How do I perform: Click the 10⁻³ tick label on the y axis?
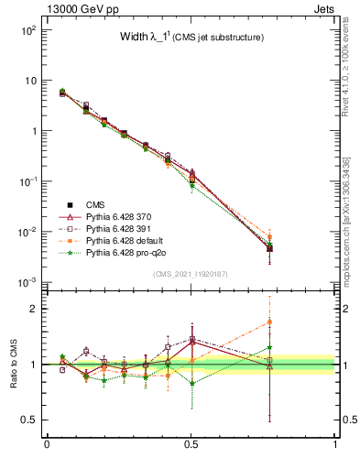click(27, 281)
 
